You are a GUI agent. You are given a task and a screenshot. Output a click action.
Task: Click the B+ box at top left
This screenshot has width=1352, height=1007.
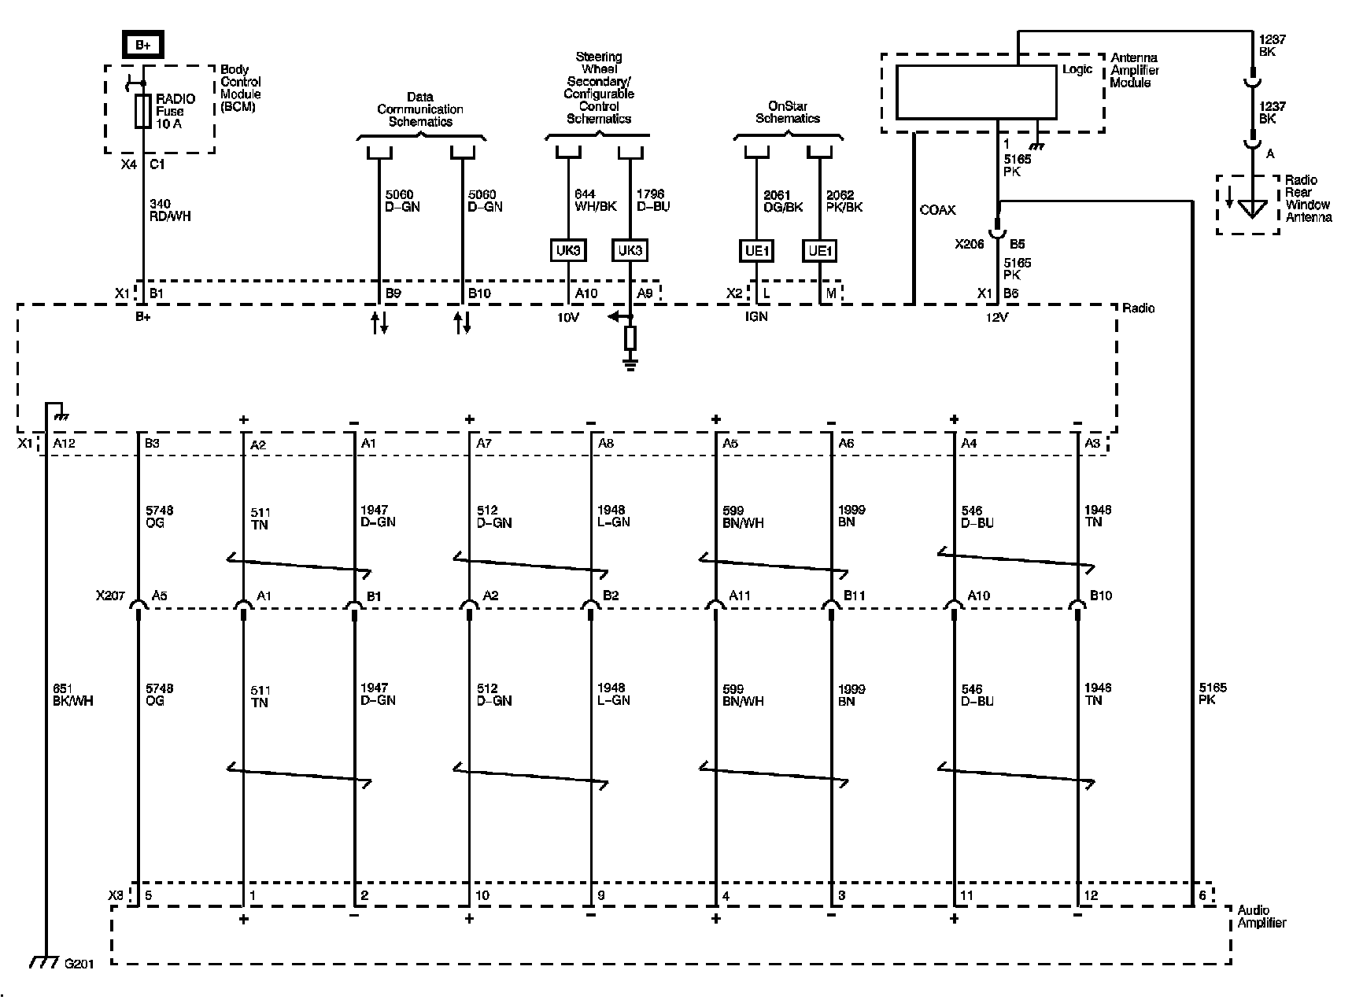click(142, 45)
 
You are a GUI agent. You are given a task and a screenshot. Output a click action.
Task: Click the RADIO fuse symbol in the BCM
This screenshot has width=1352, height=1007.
click(143, 111)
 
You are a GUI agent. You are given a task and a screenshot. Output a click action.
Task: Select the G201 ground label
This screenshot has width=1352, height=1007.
click(79, 964)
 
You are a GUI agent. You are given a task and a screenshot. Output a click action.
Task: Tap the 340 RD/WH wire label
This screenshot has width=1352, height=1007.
click(170, 210)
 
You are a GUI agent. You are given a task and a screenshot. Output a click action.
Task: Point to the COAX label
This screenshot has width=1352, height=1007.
click(937, 210)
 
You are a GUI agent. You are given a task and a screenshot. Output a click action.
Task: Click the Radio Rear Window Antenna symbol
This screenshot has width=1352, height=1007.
click(1251, 209)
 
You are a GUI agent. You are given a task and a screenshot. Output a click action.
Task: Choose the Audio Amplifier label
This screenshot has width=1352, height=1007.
click(1261, 917)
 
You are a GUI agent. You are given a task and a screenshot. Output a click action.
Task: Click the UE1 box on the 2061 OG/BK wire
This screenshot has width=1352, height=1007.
click(755, 251)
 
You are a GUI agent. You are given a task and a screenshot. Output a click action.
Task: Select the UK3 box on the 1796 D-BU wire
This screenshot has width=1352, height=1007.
click(630, 251)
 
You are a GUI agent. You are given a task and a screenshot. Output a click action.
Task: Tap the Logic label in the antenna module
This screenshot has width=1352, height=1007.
click(1077, 69)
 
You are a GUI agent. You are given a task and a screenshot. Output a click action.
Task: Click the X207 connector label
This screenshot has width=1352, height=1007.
click(110, 596)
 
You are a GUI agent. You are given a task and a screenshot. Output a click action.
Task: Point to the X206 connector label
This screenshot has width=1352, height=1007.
click(970, 244)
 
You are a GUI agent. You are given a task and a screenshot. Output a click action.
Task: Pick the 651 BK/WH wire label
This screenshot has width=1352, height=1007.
click(72, 694)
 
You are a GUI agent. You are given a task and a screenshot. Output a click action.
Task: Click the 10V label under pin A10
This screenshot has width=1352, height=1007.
click(567, 317)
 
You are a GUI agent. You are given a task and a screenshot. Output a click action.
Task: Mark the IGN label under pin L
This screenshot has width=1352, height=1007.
click(756, 316)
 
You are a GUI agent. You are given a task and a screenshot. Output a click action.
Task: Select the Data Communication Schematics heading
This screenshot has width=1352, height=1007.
click(420, 109)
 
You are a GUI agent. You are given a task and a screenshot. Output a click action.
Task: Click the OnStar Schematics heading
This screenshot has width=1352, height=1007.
click(788, 112)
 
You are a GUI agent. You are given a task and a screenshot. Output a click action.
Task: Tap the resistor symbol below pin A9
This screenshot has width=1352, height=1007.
click(630, 338)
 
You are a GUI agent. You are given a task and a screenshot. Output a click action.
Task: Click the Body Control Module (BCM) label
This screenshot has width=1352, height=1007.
click(241, 88)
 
